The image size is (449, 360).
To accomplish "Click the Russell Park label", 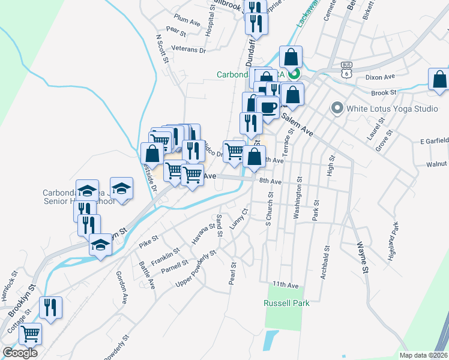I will click(286, 303).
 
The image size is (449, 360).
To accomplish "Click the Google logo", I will click(20, 353).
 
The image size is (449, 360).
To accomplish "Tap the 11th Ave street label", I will click(285, 284).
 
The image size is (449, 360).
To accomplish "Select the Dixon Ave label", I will click(380, 77).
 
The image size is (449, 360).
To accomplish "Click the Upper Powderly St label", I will click(196, 267).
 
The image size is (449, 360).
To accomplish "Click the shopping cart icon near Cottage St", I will click(31, 334).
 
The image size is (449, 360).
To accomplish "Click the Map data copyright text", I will click(423, 355).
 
